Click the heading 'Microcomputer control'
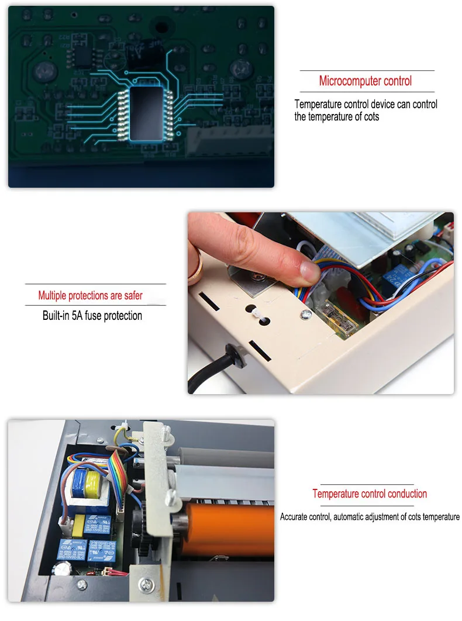click(x=365, y=81)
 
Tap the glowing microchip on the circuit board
click(x=146, y=113)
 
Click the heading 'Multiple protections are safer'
click(x=90, y=295)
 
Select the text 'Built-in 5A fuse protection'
click(x=92, y=316)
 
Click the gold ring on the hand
click(x=197, y=265)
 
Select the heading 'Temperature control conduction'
click(x=370, y=494)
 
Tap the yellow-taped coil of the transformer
click(x=92, y=484)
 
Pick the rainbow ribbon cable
click(x=118, y=475)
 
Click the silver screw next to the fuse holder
click(x=306, y=315)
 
